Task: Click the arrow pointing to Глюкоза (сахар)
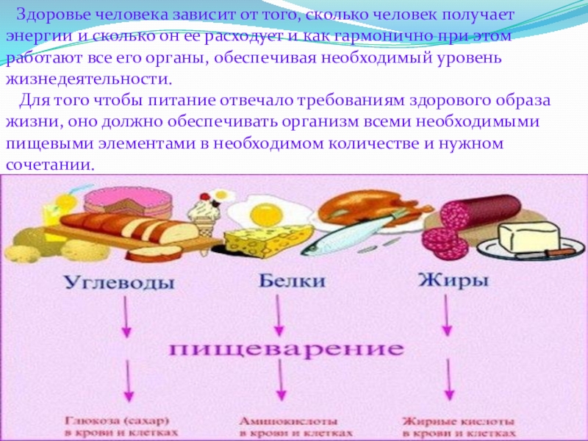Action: [x=128, y=383]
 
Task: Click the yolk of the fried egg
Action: [x=263, y=215]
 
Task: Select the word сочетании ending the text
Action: [x=50, y=164]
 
